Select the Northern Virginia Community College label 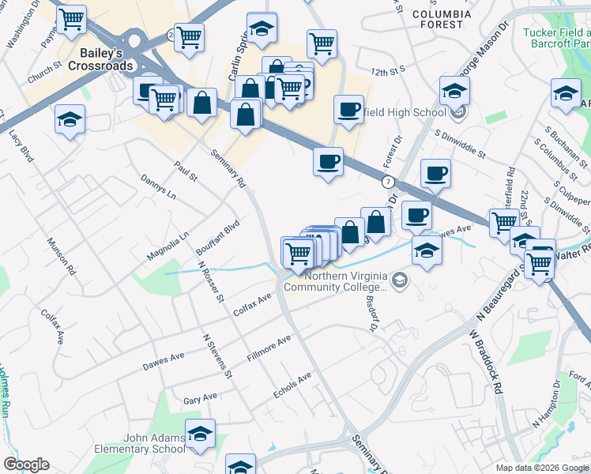click(x=340, y=281)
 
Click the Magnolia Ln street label click(x=168, y=246)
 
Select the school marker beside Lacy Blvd click(x=70, y=120)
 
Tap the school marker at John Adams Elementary click(x=201, y=434)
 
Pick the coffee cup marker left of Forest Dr click(x=328, y=162)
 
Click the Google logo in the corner click(x=26, y=465)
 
